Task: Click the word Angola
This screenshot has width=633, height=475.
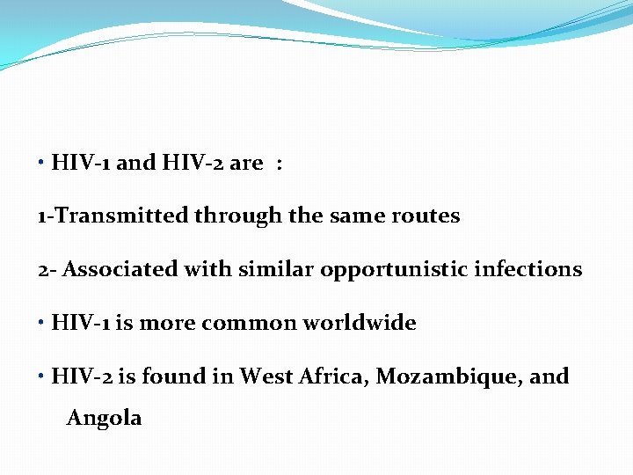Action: pos(104,418)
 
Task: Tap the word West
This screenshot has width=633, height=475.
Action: pos(266,376)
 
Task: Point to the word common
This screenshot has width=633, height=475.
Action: pos(249,323)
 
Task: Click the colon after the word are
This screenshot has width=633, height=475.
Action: pos(279,164)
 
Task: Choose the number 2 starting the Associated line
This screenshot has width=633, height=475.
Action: pos(42,270)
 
